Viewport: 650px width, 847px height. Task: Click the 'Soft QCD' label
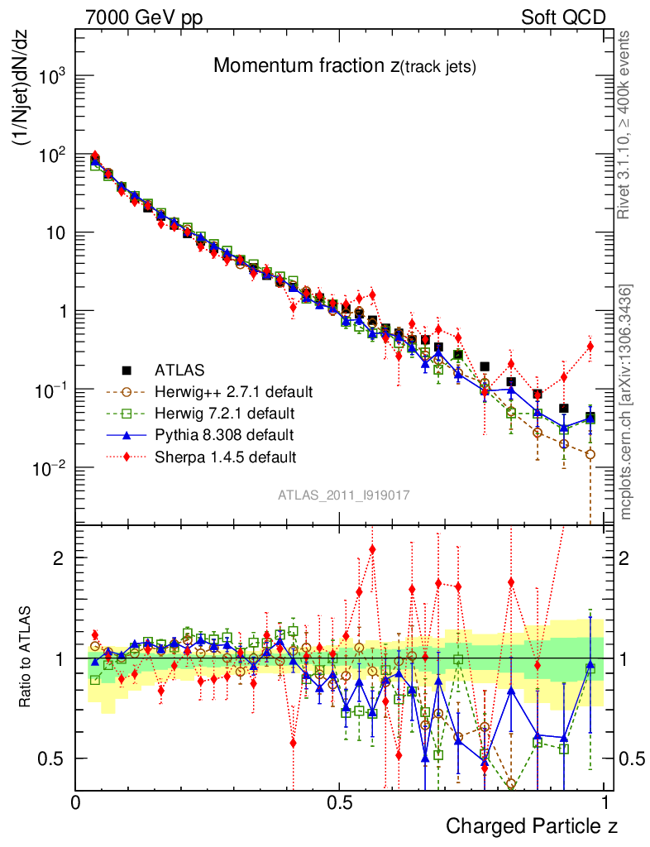click(x=562, y=17)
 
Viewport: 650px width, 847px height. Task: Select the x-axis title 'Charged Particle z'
click(x=531, y=825)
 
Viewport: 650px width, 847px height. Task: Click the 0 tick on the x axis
click(x=76, y=803)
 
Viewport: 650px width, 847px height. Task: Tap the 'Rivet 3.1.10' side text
click(x=624, y=124)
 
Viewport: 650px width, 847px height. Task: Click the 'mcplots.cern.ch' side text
click(x=626, y=402)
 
